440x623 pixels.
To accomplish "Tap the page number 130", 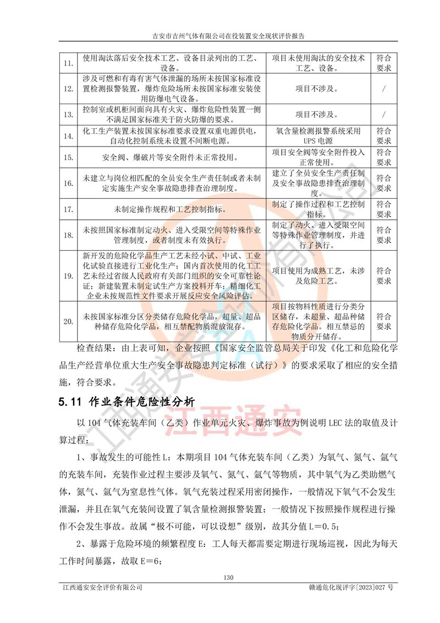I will pos(229,577).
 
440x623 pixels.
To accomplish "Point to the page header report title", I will pos(228,36).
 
